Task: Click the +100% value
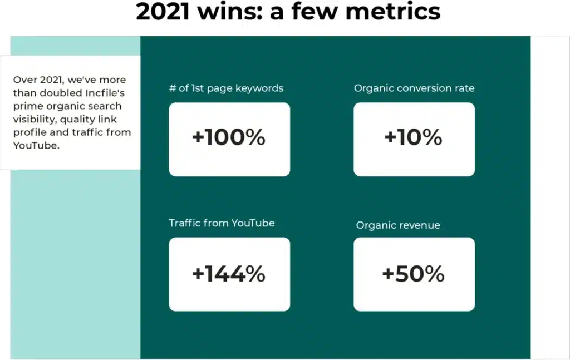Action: (x=229, y=137)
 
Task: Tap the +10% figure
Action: (x=414, y=137)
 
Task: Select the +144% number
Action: (x=229, y=274)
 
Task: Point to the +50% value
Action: (x=414, y=274)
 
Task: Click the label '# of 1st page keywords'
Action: (x=226, y=88)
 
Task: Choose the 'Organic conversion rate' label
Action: (x=414, y=88)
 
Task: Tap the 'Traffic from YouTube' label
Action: (x=222, y=223)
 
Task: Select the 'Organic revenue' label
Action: (x=398, y=225)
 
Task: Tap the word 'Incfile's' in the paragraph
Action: (x=105, y=93)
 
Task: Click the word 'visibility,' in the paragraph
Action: (x=35, y=120)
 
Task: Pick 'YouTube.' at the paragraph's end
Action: (x=36, y=146)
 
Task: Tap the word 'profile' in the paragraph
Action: (x=30, y=132)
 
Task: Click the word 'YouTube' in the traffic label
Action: (x=253, y=223)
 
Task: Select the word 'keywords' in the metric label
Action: (x=259, y=88)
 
